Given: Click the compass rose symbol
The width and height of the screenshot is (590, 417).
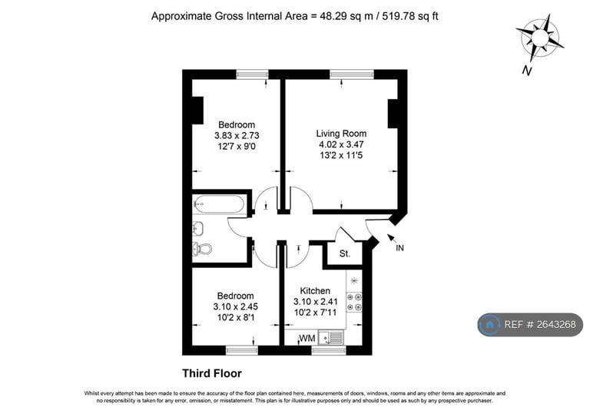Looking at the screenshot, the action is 540,38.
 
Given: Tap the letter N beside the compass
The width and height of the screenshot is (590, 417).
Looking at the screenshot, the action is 528,71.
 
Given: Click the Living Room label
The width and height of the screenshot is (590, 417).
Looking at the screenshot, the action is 341,134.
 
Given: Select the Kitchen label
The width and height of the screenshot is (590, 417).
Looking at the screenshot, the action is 315,290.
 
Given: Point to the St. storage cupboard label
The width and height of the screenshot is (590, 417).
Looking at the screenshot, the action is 345,254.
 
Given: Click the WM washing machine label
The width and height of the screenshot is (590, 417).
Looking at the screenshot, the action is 307,339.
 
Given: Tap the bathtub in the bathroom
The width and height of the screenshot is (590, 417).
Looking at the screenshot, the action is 219,204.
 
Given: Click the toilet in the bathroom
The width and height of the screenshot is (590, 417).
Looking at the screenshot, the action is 202,249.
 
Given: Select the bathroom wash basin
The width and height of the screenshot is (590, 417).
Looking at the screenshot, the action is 198,227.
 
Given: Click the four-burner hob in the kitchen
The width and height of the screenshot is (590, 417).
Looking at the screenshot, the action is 354,303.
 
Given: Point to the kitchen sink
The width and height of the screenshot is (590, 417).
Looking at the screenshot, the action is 331,337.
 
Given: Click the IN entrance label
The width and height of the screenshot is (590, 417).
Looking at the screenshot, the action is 399,248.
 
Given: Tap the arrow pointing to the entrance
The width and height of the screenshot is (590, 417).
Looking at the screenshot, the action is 391,238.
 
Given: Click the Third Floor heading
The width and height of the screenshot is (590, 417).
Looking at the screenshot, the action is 212,373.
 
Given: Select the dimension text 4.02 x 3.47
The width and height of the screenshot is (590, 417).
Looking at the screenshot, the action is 341,144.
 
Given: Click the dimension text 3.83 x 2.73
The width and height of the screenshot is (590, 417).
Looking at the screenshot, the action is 237,135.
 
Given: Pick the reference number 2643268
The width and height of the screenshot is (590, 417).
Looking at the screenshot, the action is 556,324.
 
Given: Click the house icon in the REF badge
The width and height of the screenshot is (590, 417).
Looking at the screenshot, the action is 489,325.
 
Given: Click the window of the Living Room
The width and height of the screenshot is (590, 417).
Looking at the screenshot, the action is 352,74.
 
